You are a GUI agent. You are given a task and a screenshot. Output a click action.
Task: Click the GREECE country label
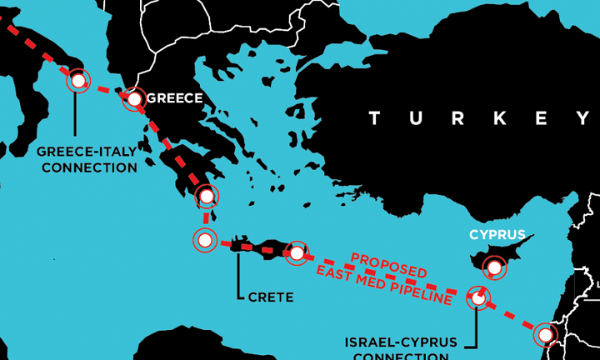[x=174, y=98]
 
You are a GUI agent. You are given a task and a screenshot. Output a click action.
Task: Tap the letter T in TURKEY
[x=374, y=118]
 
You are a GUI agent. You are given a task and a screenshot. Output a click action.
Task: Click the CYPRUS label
[x=497, y=234]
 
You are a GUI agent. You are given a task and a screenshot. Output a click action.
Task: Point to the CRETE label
[x=271, y=296]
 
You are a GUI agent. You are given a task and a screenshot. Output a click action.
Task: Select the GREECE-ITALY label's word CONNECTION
[x=89, y=167]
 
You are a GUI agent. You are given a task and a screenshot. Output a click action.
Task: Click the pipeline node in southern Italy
[x=78, y=81]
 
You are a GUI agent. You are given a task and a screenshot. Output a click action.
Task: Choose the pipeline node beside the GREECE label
[x=134, y=98]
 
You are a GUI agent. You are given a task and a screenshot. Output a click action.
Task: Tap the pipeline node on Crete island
[x=296, y=252]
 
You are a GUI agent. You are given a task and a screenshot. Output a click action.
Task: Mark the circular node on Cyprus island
[x=495, y=267]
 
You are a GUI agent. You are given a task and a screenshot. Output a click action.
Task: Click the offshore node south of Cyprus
[x=477, y=297]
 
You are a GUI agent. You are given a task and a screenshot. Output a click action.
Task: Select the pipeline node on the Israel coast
[x=545, y=334]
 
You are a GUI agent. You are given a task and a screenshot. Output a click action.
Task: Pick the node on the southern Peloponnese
[x=206, y=197]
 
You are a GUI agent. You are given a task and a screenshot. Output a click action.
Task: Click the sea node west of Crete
[x=204, y=240]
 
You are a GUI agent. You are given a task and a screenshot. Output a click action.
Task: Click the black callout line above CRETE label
[x=239, y=271]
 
